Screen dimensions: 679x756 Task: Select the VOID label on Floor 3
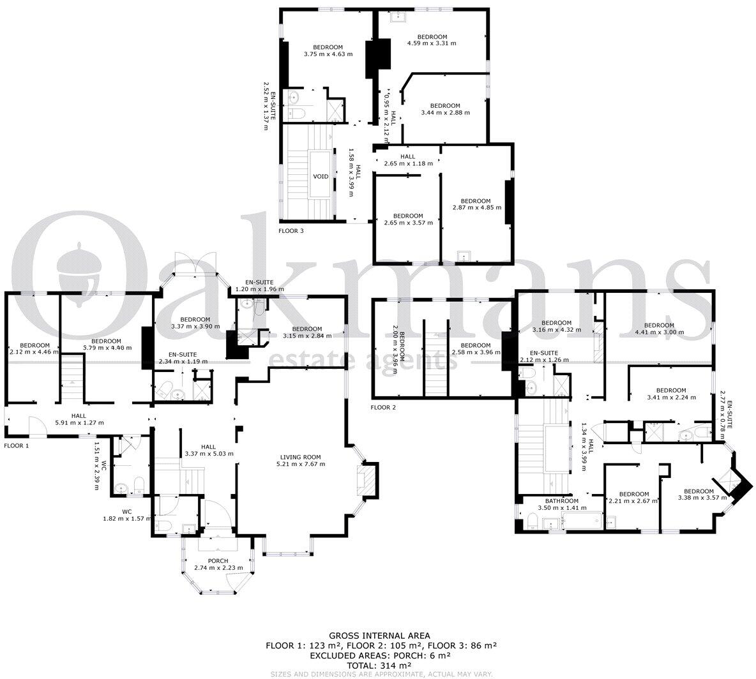tap(321, 177)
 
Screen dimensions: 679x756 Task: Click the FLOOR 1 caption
tap(17, 445)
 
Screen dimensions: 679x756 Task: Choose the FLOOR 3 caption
tap(291, 230)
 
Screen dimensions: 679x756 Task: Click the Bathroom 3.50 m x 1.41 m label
tap(561, 508)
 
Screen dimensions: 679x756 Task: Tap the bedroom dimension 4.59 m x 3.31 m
tap(432, 43)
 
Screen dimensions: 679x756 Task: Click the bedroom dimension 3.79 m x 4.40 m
tap(107, 348)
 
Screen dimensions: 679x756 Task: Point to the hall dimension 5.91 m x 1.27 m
tap(79, 422)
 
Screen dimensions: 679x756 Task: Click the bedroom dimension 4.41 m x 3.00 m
tap(660, 332)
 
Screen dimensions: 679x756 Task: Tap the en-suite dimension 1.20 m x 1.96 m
tap(259, 289)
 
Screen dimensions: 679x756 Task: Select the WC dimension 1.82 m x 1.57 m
tap(126, 518)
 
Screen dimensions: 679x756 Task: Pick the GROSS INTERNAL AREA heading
tap(379, 636)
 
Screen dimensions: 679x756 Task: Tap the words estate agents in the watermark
tap(363, 361)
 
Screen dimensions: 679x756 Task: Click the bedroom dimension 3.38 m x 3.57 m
tap(695, 498)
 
